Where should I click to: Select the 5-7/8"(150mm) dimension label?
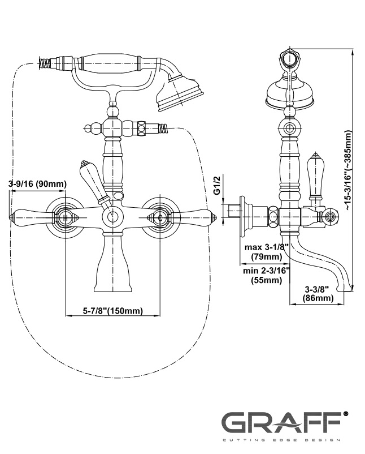tap(112, 310)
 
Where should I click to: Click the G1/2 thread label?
tap(218, 185)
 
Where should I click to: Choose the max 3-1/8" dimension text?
tap(267, 247)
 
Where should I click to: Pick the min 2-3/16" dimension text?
tap(267, 271)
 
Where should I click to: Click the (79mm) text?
tap(266, 256)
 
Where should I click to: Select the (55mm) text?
tap(266, 280)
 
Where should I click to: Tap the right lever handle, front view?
tap(189, 216)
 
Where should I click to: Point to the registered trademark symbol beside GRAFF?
tap(345, 416)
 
